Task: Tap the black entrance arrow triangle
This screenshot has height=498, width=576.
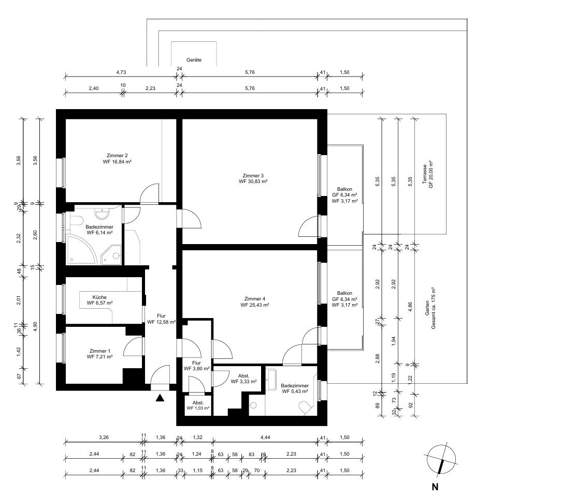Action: [160, 398]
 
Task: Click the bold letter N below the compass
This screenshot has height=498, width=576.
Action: [435, 487]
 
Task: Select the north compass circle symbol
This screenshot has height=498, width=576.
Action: [441, 459]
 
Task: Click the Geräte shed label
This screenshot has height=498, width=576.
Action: [194, 60]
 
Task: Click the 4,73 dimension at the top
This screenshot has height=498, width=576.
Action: [121, 72]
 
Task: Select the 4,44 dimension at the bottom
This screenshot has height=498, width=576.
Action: [265, 437]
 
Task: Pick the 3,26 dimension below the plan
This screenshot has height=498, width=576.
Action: [104, 437]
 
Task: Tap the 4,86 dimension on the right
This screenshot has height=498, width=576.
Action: [410, 307]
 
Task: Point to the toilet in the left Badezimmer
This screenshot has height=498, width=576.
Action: [77, 221]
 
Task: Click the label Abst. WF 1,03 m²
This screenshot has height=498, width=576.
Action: [198, 405]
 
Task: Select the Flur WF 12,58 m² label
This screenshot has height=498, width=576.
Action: [161, 319]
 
